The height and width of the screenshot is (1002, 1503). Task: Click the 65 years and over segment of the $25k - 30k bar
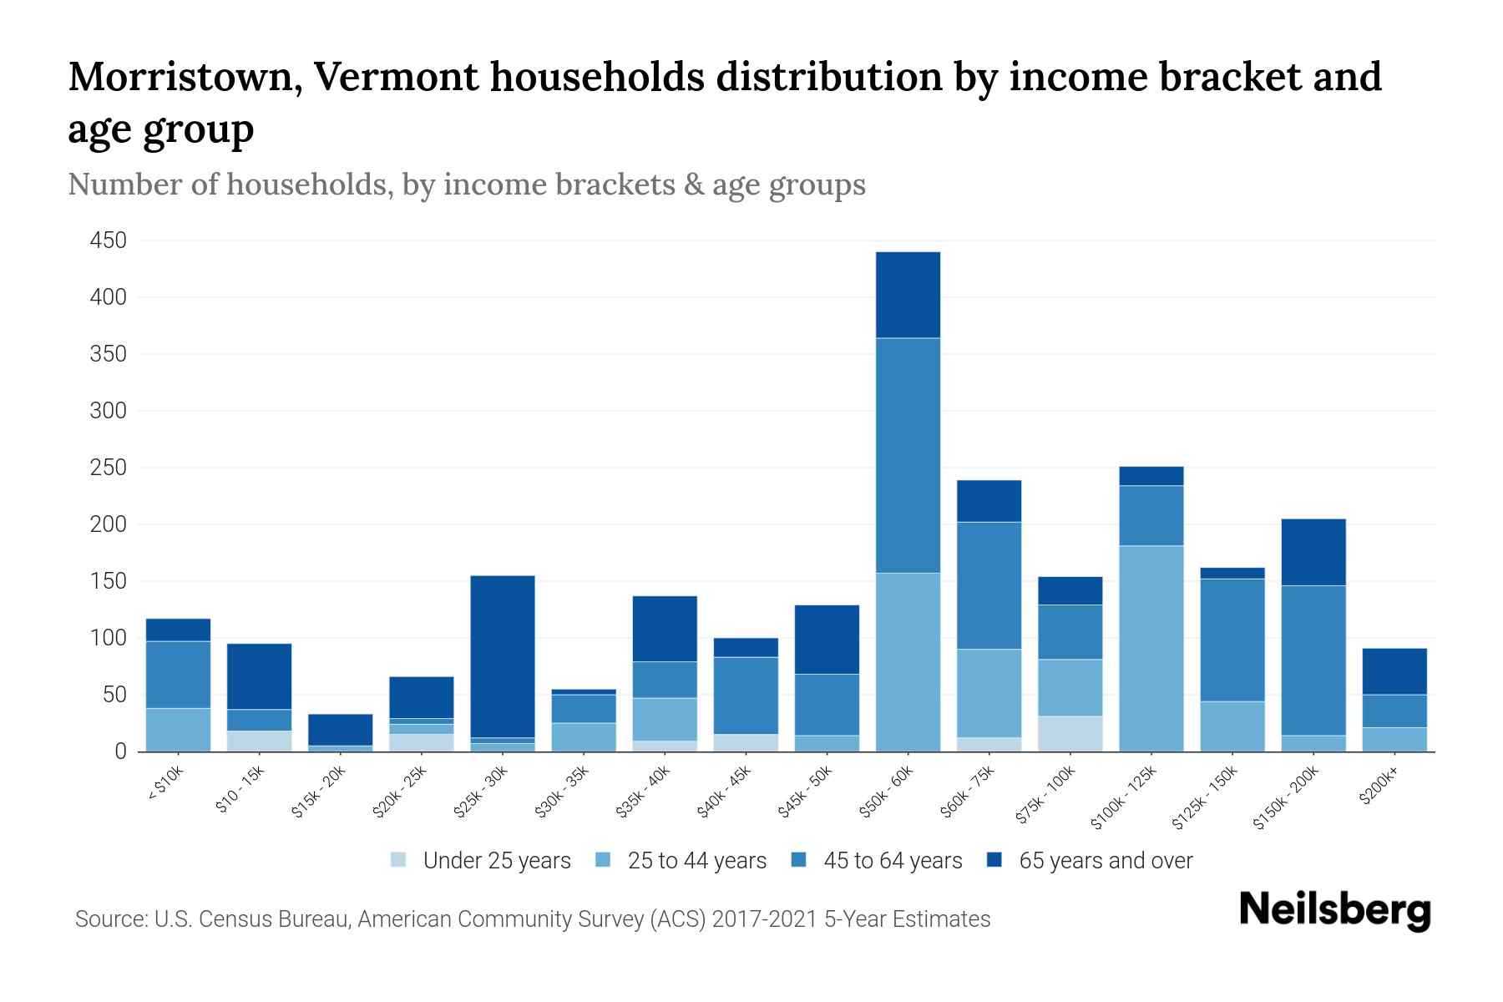click(503, 656)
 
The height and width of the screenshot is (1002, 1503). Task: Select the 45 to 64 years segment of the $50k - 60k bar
click(908, 455)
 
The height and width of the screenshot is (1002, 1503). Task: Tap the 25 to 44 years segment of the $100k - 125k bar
click(1151, 648)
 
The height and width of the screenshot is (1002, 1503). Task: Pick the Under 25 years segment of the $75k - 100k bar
click(1070, 733)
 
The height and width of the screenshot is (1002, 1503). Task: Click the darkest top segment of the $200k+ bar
click(1394, 671)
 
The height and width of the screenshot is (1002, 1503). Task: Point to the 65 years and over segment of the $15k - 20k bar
click(340, 729)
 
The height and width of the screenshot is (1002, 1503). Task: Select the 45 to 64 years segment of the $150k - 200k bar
click(1313, 660)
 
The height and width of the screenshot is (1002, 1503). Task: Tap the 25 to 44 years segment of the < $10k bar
click(178, 729)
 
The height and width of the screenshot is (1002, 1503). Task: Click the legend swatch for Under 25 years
click(399, 860)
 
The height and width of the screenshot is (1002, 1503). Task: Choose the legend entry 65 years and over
click(1105, 861)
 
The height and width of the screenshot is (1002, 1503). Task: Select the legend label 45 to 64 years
click(892, 861)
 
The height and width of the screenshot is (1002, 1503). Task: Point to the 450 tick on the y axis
click(109, 241)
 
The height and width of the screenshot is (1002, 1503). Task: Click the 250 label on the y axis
click(109, 468)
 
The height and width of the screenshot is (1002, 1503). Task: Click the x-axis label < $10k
click(165, 784)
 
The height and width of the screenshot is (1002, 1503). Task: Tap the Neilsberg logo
click(1334, 910)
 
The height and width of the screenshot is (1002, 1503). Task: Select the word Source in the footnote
click(109, 919)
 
